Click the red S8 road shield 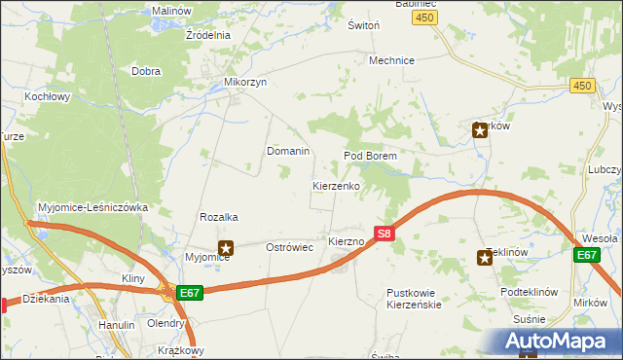(x=384, y=234)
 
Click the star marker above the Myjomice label (x=226, y=248)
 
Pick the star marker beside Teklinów (x=485, y=257)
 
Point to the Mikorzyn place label (x=245, y=83)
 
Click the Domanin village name (x=288, y=152)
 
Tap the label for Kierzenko (x=337, y=185)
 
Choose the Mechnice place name (x=391, y=60)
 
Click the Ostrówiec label (x=289, y=248)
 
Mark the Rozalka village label (x=219, y=217)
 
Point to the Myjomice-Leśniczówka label (x=92, y=207)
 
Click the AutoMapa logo (x=563, y=341)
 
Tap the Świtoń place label (x=363, y=26)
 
